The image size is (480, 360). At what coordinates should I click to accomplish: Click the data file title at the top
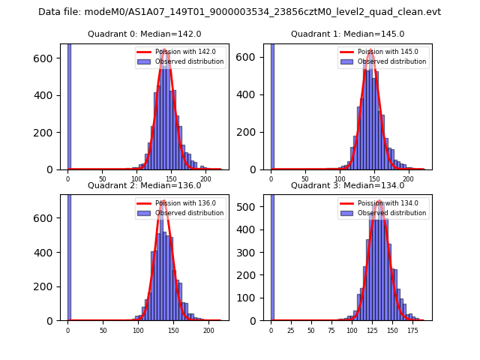239,12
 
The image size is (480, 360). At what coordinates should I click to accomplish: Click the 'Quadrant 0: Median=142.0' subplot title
144,34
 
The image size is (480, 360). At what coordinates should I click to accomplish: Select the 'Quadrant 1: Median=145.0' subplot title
347,34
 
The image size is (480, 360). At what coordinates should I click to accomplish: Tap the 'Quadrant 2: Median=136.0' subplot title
144,185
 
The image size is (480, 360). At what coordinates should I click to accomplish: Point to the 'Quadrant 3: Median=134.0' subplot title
347,185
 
